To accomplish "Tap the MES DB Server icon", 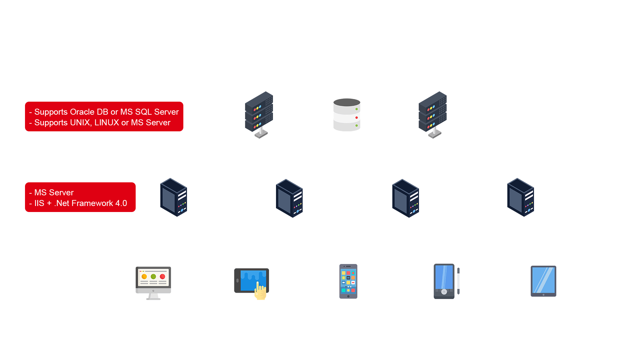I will (x=259, y=115).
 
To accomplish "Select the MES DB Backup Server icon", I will (x=433, y=115).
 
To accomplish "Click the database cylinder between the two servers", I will (x=347, y=115).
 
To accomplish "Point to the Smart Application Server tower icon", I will (x=173, y=197).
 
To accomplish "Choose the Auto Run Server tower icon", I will (x=289, y=198).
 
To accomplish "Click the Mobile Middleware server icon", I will (x=405, y=198).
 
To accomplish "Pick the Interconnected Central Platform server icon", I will (x=520, y=197).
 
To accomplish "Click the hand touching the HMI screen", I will (x=260, y=291).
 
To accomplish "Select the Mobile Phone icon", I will (x=348, y=282).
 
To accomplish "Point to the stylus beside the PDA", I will (x=458, y=281).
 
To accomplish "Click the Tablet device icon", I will (x=543, y=281).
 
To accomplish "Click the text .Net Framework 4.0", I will (x=90, y=203).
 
